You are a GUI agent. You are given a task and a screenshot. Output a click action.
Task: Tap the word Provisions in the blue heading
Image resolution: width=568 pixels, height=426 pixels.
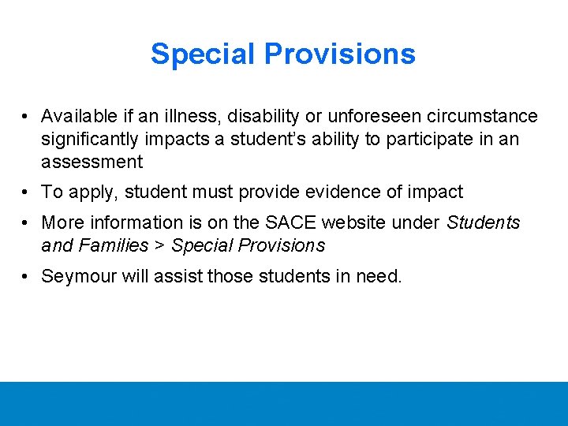click(339, 54)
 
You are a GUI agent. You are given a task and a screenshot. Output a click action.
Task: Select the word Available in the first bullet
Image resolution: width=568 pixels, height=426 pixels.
click(79, 117)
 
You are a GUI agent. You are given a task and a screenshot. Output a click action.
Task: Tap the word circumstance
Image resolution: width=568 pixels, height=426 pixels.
click(481, 117)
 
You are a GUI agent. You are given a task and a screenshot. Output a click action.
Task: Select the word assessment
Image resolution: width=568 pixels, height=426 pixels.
click(92, 163)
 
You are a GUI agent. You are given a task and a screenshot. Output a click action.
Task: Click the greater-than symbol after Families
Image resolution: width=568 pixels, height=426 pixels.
click(159, 245)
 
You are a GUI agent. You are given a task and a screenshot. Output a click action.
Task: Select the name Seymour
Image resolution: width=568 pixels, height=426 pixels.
click(77, 276)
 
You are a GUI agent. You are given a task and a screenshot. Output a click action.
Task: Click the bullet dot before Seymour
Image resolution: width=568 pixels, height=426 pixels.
click(27, 276)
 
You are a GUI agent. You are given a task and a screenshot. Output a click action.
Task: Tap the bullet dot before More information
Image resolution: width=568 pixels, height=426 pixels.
click(27, 222)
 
